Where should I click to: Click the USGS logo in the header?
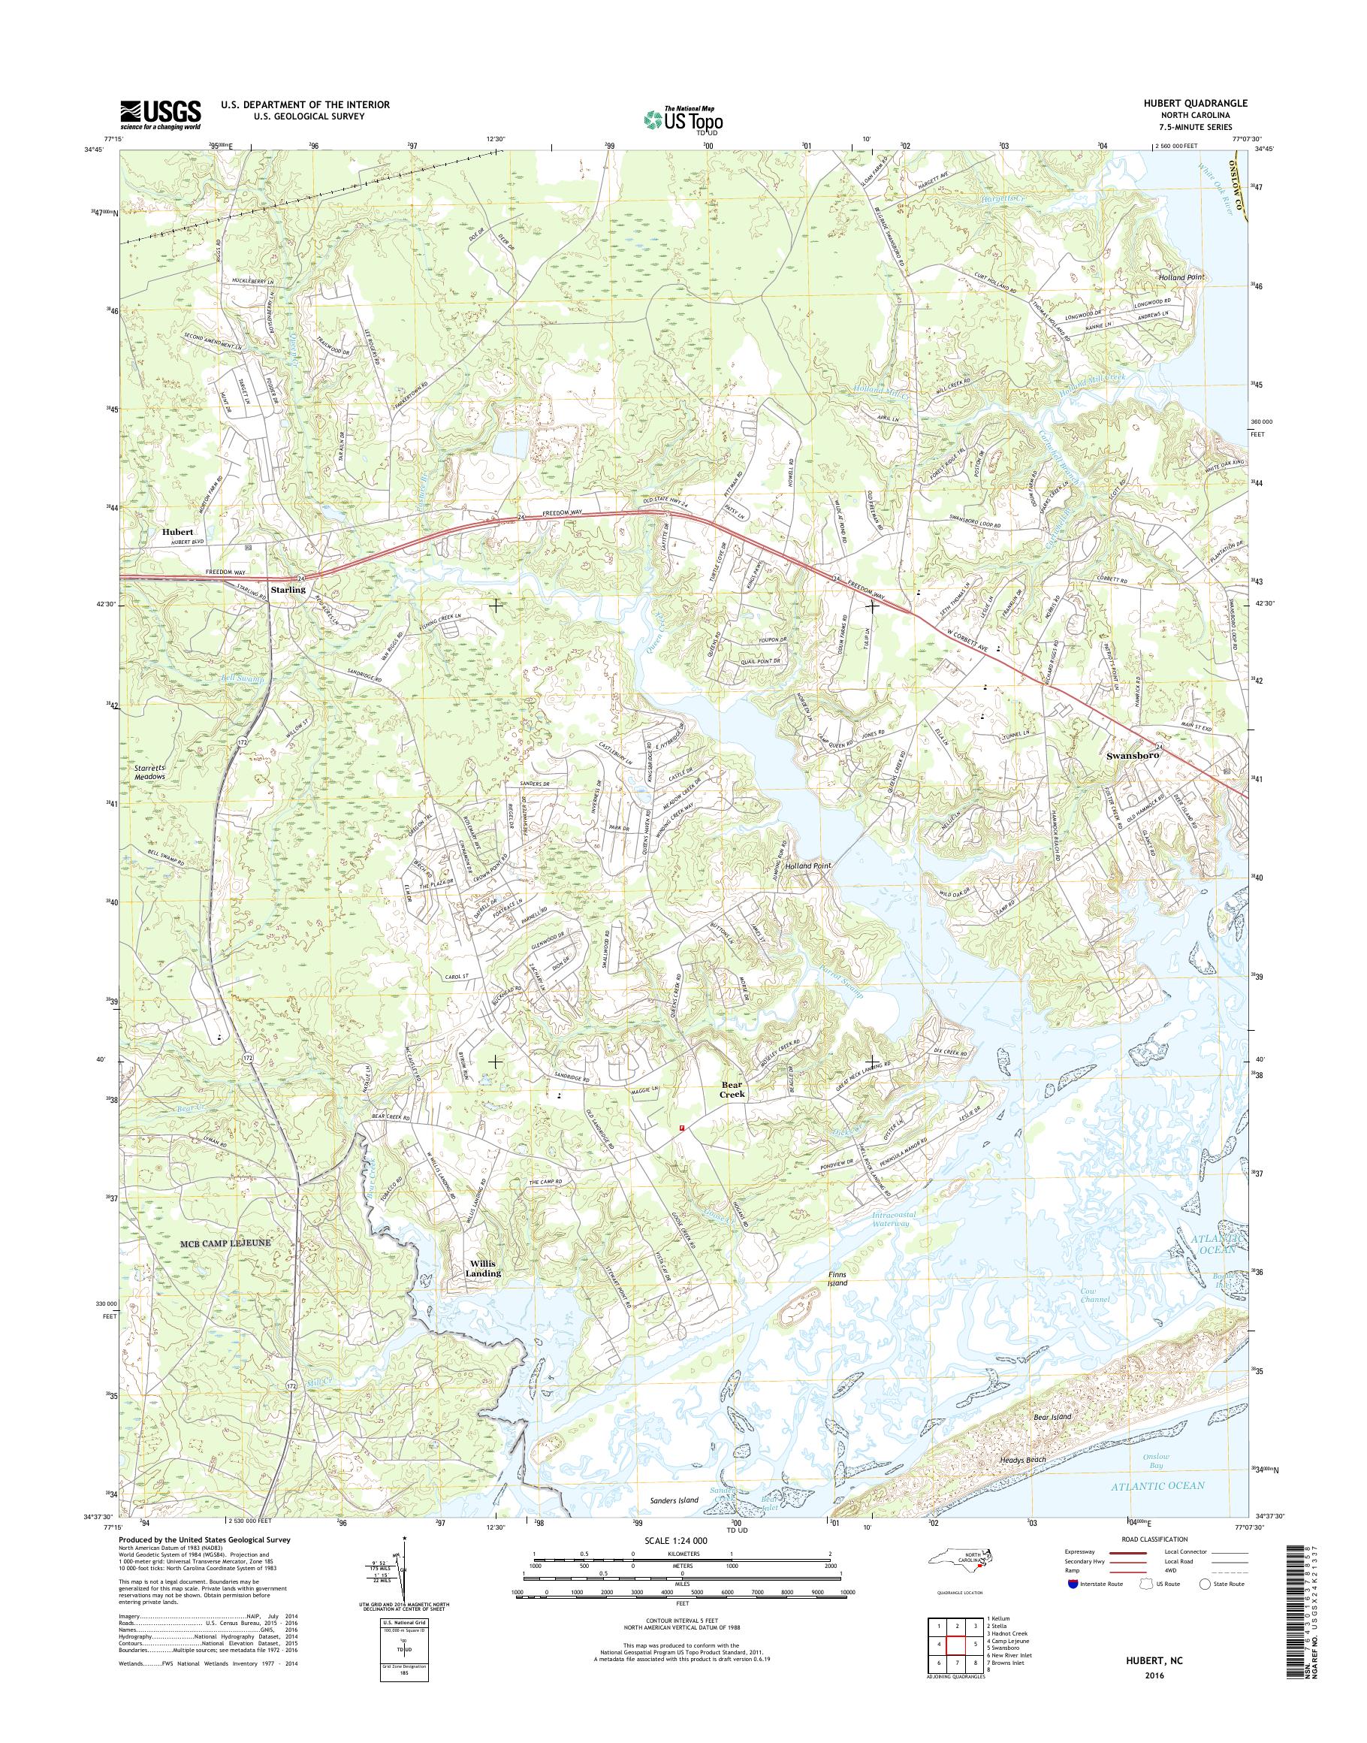(x=160, y=114)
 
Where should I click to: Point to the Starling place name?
(x=288, y=589)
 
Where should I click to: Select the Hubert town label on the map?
(x=177, y=532)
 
